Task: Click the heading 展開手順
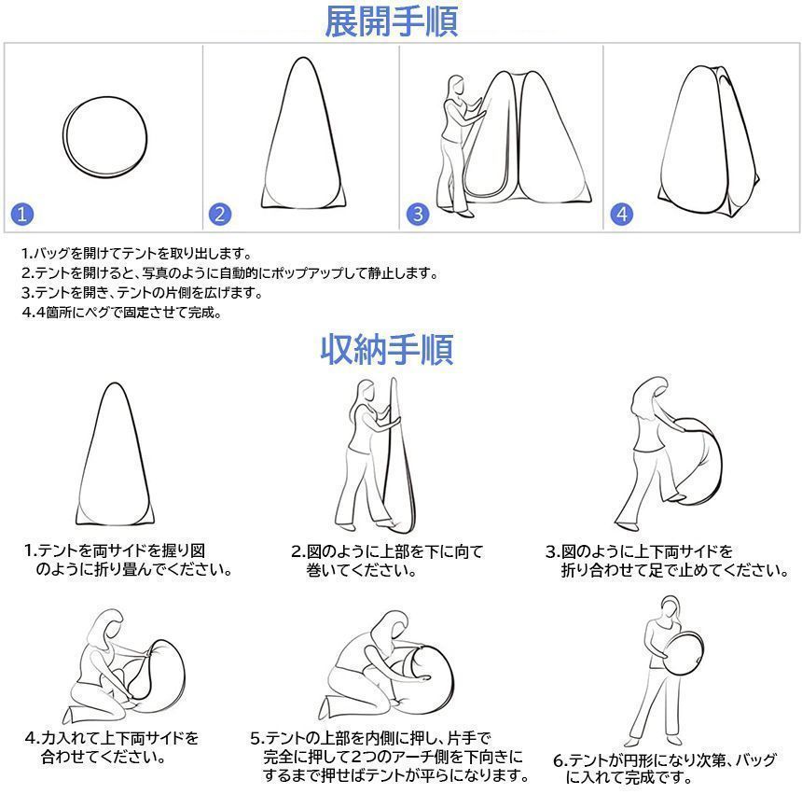[x=391, y=21]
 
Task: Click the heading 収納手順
[x=387, y=350]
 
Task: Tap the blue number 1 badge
[x=23, y=214]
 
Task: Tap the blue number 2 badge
[x=220, y=214]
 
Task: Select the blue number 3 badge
[x=418, y=214]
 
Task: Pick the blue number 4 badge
[x=621, y=214]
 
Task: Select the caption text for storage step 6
[x=664, y=768]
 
